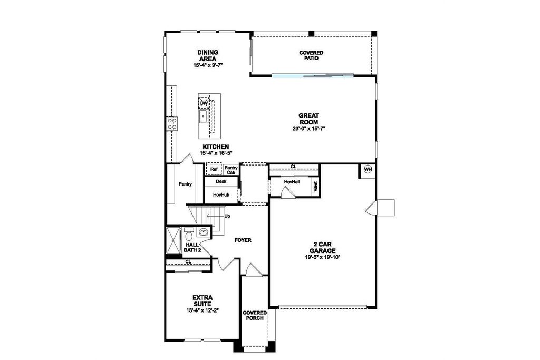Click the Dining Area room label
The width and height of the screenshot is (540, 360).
click(208, 55)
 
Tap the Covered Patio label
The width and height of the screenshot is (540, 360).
click(311, 55)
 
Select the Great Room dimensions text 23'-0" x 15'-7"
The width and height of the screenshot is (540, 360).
click(309, 129)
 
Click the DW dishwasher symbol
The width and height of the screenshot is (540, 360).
click(204, 103)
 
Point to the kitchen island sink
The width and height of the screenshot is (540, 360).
click(204, 116)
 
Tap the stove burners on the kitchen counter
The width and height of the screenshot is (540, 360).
click(172, 123)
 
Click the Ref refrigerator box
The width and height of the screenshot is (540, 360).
click(214, 169)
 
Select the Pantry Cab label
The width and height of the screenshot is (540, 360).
click(231, 170)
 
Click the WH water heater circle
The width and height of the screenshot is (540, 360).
click(368, 169)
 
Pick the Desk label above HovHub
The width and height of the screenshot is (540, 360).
click(221, 181)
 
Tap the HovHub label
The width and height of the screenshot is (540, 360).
click(221, 195)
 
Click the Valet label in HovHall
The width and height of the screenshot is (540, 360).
click(316, 187)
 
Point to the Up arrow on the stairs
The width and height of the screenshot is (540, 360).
click(214, 216)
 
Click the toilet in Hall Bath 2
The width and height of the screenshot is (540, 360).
click(188, 235)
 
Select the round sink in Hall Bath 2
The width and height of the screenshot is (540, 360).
click(204, 232)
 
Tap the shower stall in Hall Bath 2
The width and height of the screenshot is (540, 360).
click(173, 240)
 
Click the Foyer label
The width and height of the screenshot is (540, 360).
click(243, 240)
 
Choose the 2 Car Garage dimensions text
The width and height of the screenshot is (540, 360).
click(323, 257)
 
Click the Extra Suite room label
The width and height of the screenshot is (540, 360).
click(202, 300)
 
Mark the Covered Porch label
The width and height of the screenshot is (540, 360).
click(255, 315)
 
